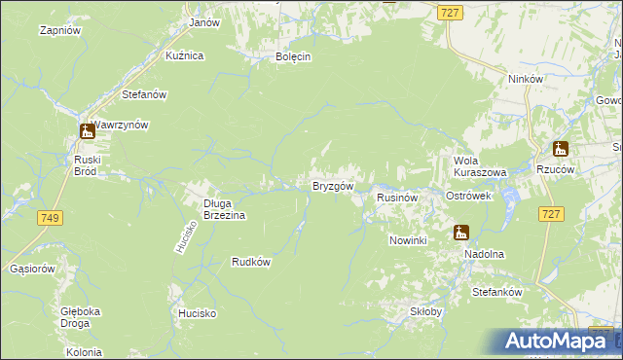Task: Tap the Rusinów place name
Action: tap(397, 197)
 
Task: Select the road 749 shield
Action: tap(51, 219)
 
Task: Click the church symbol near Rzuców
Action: tap(560, 149)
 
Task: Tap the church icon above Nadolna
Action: tap(460, 233)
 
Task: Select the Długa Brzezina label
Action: tap(224, 209)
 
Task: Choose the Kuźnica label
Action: tap(184, 55)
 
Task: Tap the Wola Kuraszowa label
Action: tap(480, 165)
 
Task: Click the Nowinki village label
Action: tap(408, 240)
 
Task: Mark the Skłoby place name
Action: tap(425, 311)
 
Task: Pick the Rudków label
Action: tap(250, 261)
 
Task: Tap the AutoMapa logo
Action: tap(557, 342)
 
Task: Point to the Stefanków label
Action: tap(497, 292)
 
